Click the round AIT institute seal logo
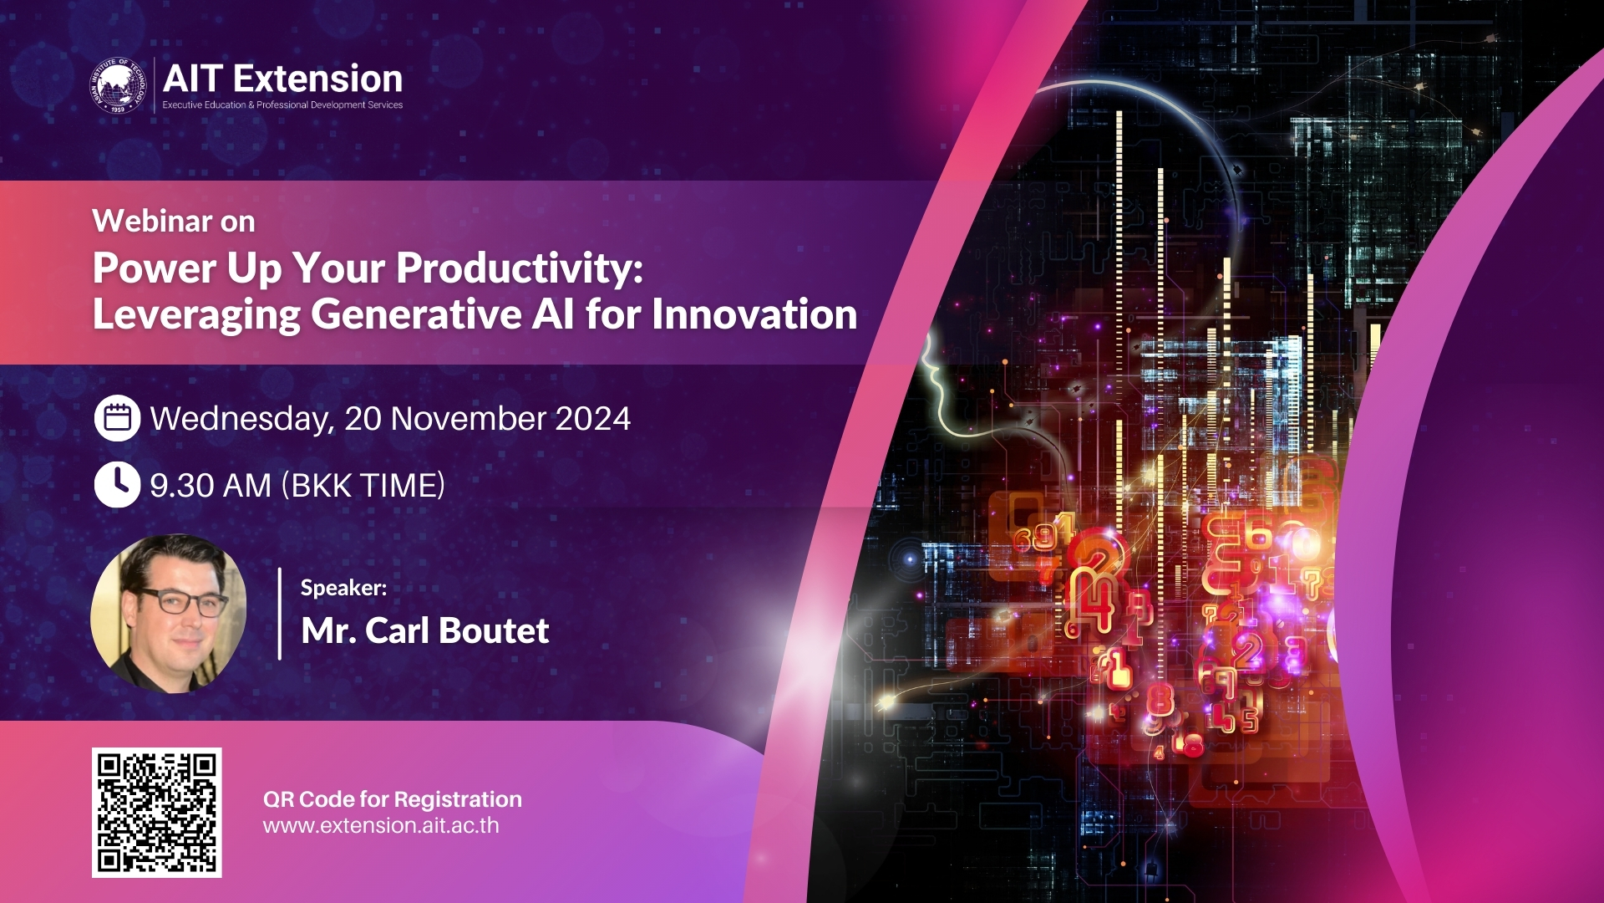[x=119, y=84]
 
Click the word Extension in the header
[x=317, y=79]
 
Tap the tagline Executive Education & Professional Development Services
[x=282, y=105]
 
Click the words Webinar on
[x=174, y=222]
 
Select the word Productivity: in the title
[x=520, y=268]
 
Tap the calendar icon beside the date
[x=117, y=418]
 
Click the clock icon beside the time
[x=117, y=484]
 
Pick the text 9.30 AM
[x=211, y=486]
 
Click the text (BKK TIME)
[x=363, y=486]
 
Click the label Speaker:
[x=343, y=588]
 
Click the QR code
[x=157, y=812]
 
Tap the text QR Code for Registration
[x=392, y=799]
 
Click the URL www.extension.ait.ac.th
[x=381, y=826]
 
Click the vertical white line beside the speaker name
[x=279, y=614]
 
